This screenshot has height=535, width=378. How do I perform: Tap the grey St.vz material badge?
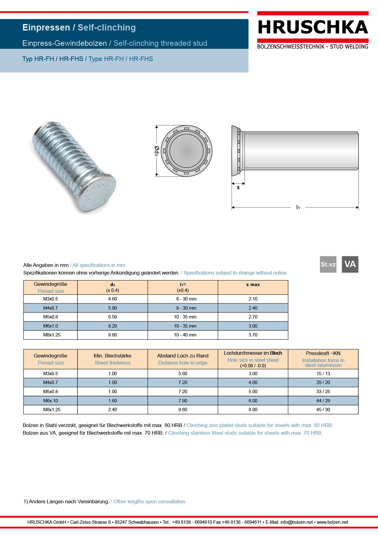328,264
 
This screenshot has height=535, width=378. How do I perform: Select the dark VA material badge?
350,264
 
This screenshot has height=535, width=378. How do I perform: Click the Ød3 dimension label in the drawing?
156,151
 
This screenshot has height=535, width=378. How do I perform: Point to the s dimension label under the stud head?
238,188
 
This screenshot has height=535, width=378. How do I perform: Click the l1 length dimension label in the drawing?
298,207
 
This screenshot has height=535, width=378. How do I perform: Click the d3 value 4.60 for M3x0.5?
112,299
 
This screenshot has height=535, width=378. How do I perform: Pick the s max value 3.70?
253,335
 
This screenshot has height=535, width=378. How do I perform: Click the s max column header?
253,285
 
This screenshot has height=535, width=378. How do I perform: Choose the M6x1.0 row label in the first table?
51,326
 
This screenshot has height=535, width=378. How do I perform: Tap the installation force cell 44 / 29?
323,401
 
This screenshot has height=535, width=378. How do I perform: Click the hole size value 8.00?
253,410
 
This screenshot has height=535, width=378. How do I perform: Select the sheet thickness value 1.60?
112,401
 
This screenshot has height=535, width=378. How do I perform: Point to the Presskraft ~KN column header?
323,354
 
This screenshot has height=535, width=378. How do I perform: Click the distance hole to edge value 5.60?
183,374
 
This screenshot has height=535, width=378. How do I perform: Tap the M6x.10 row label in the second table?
51,401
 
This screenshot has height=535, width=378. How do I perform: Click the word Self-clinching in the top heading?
106,27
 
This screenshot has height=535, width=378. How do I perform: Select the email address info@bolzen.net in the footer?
297,522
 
